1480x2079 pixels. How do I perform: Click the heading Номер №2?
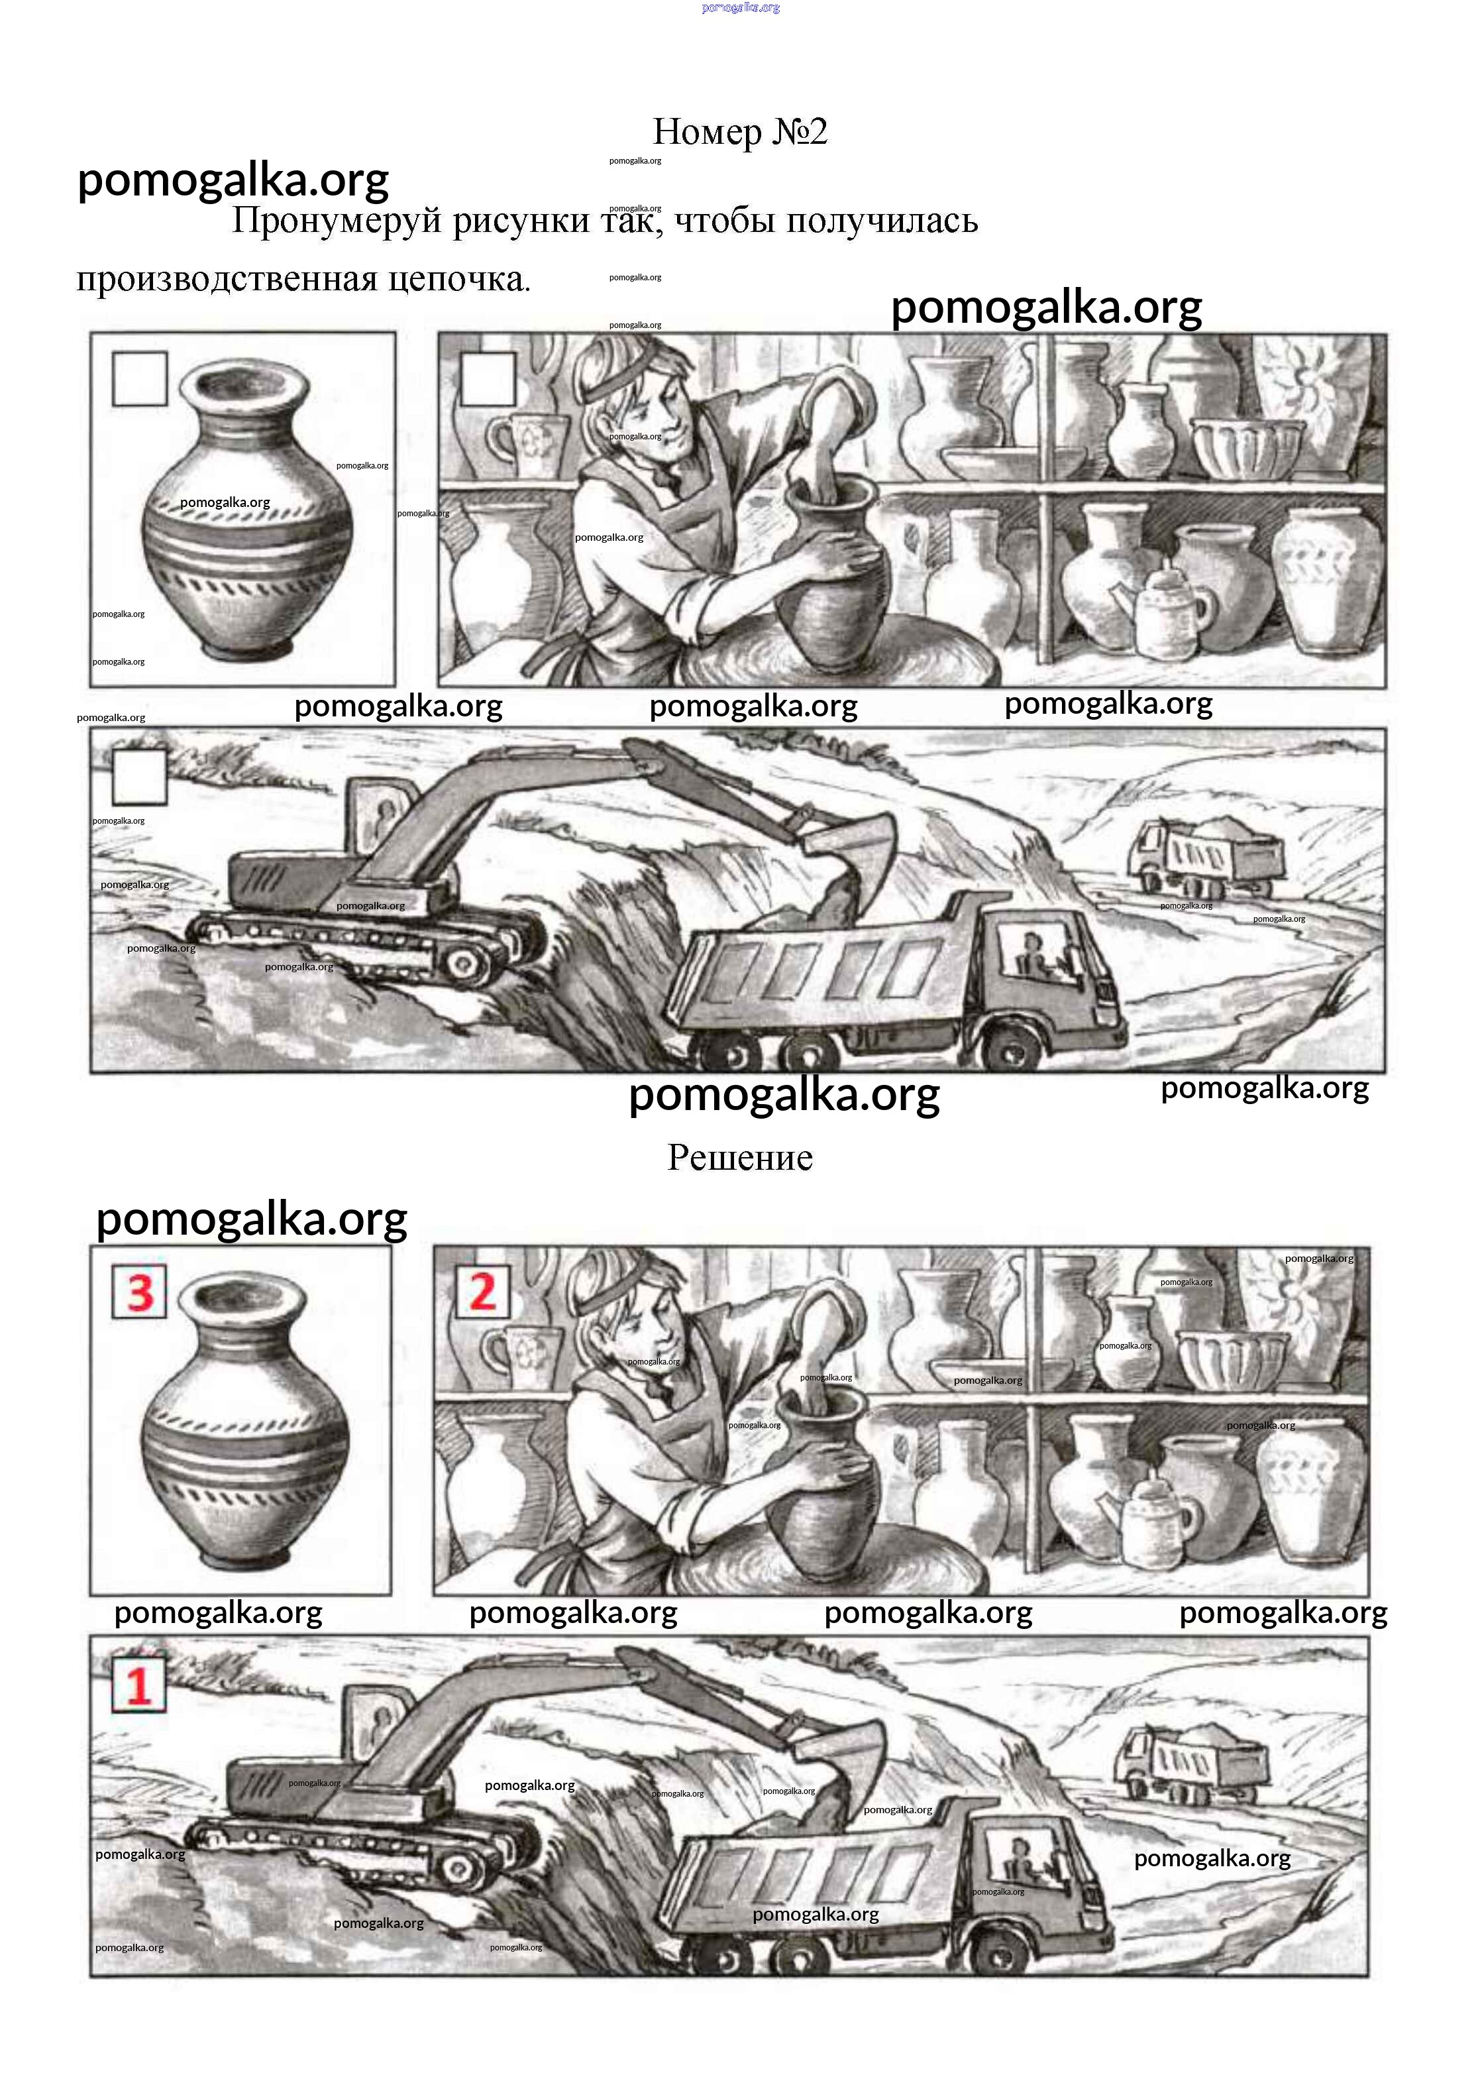740,132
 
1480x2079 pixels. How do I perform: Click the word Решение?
740,1158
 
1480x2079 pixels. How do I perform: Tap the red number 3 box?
139,1292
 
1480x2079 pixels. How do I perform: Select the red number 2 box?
483,1292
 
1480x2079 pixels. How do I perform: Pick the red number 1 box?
138,1685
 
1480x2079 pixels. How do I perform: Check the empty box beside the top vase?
139,378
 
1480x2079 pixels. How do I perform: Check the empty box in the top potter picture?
488,378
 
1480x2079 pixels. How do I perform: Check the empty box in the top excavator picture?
139,777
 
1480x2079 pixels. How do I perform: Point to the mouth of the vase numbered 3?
242,1294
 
